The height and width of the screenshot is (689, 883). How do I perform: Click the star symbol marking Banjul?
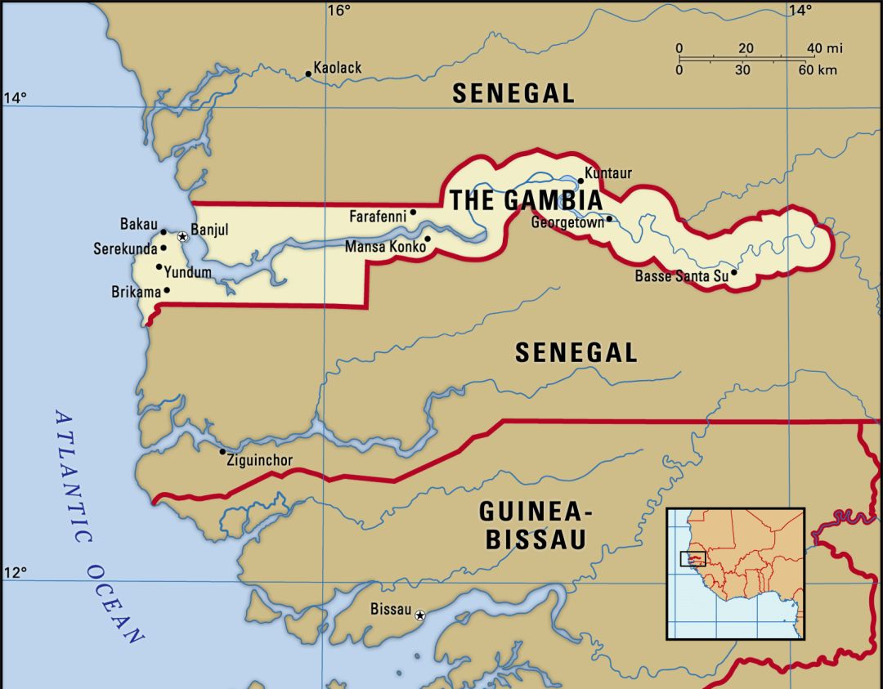182,236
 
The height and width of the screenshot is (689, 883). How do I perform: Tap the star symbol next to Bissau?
420,615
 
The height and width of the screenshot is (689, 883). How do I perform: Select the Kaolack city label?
338,68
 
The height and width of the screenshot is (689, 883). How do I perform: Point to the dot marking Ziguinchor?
222,451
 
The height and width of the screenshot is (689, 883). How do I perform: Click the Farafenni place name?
377,217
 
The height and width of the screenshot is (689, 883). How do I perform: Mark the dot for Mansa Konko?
427,239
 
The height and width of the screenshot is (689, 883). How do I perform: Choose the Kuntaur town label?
609,173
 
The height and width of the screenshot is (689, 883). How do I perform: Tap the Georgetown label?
567,221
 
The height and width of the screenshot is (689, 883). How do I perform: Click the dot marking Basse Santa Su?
733,272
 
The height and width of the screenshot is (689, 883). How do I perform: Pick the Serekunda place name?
125,248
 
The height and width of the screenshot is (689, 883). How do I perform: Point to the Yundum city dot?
159,266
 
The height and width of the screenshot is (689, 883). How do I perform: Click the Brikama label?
136,291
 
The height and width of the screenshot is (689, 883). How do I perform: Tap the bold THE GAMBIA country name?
526,200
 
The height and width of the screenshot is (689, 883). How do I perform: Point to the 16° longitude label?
338,11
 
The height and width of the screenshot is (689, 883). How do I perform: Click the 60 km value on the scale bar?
817,70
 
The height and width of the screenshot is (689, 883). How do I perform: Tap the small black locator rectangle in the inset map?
693,558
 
